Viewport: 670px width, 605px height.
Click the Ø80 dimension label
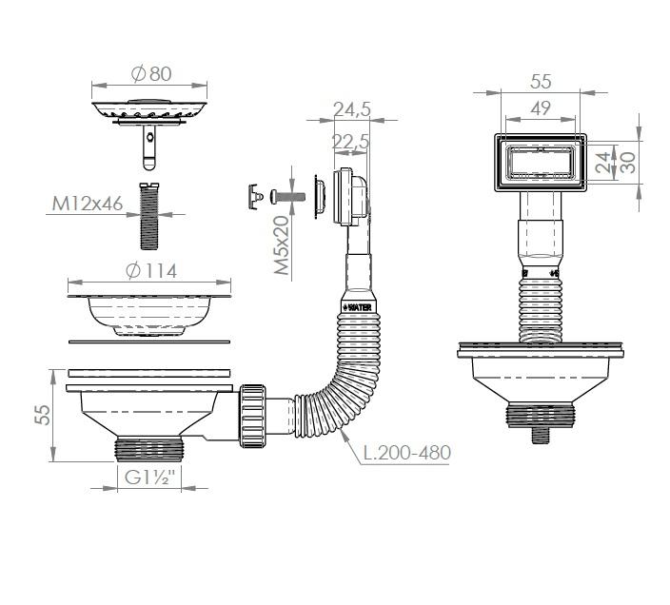151,74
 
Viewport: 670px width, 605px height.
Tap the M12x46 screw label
88,204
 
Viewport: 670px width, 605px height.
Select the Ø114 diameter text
151,271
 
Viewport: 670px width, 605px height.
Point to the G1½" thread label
150,477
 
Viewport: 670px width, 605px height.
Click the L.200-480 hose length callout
406,452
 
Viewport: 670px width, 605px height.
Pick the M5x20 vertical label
281,245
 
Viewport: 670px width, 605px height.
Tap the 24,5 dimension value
352,109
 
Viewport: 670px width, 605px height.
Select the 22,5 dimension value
350,142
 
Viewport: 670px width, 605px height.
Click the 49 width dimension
541,108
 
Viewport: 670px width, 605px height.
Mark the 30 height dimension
627,163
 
